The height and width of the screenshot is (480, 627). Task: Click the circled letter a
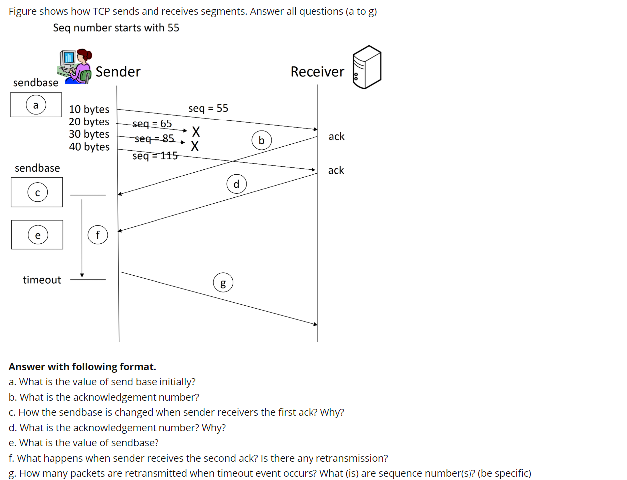36,105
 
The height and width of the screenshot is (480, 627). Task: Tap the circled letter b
261,140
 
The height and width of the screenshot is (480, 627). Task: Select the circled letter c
37,192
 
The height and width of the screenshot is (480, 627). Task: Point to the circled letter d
236,184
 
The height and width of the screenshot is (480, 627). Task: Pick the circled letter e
38,235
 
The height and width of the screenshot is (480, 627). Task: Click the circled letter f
98,235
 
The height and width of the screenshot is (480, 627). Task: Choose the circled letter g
223,283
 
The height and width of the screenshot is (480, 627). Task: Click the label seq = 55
208,108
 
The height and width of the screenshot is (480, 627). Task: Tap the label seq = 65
152,123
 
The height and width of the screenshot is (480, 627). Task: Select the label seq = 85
155,138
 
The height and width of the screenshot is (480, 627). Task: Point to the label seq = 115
155,156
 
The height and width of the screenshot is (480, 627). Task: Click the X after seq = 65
196,132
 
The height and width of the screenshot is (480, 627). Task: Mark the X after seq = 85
195,146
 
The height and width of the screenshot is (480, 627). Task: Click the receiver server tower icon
367,67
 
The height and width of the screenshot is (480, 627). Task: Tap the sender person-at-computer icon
75,66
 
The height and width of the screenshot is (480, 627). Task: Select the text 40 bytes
89,147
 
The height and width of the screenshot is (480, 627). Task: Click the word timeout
42,280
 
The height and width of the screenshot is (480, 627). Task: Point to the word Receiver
317,72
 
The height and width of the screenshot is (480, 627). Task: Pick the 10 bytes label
89,109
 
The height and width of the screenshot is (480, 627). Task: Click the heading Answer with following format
82,367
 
